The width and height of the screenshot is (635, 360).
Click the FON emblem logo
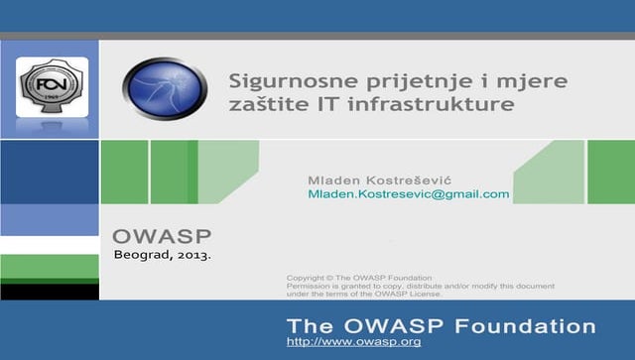point(52,87)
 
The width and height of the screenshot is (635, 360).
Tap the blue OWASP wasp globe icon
point(165,88)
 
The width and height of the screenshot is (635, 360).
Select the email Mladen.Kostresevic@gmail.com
point(408,194)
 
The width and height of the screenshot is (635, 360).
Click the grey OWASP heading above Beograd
point(162,237)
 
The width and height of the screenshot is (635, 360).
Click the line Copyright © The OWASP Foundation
point(359,278)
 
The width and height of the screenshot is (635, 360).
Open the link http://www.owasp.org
point(353,342)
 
